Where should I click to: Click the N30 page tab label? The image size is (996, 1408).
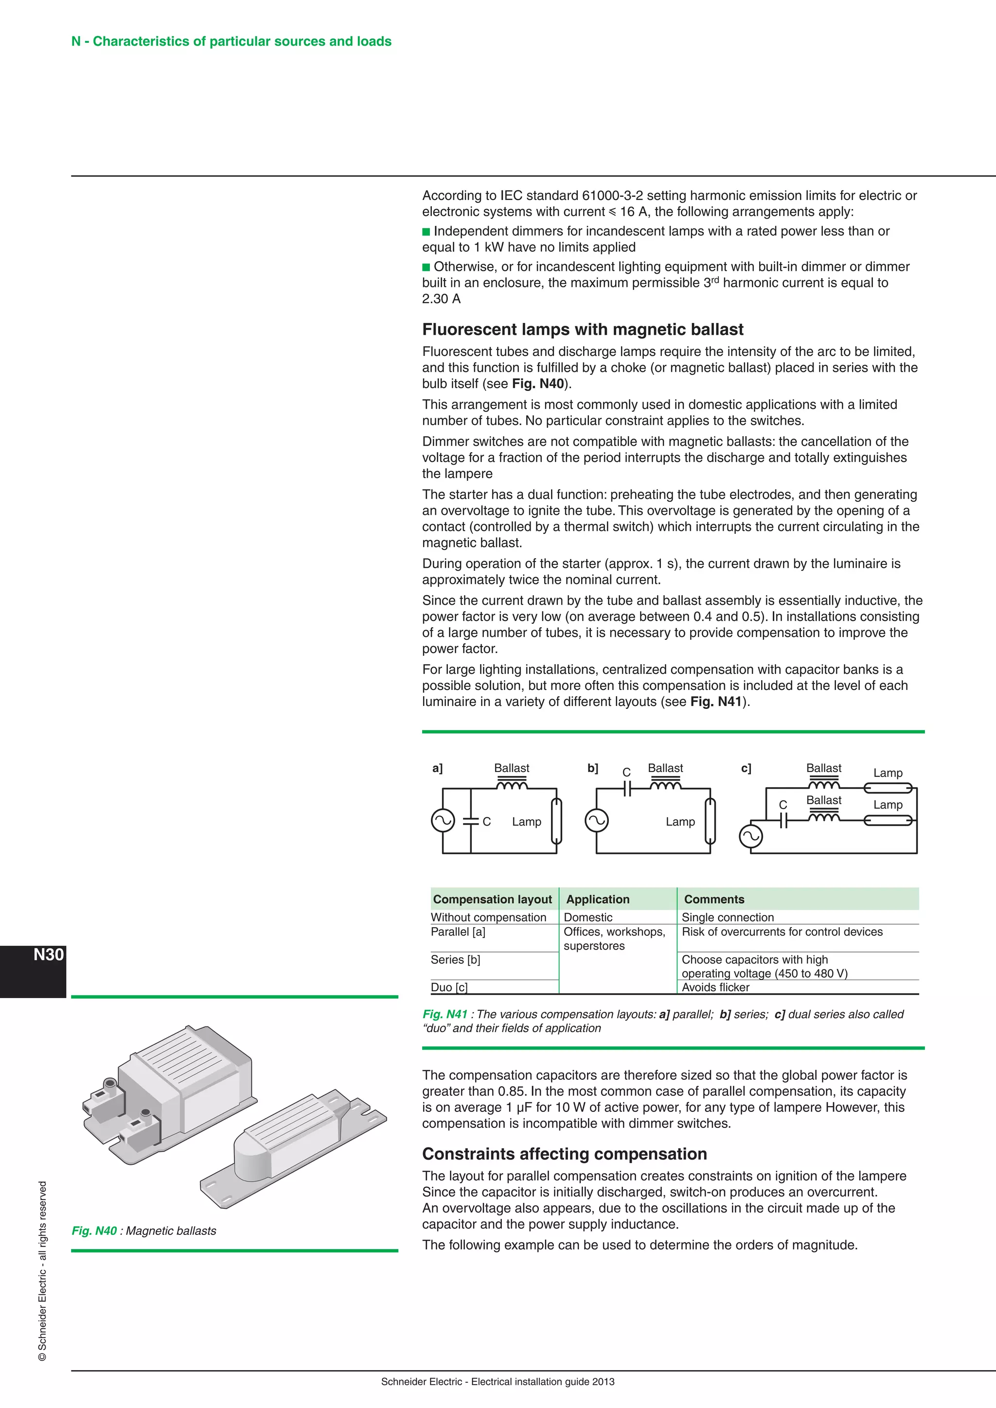[49, 955]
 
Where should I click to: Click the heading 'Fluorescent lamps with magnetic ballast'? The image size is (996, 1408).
[583, 330]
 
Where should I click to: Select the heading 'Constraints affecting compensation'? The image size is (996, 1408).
[564, 1154]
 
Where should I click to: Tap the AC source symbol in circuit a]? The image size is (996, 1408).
[443, 821]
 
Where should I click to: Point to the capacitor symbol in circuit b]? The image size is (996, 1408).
[627, 789]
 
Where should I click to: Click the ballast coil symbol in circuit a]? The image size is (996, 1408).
[512, 785]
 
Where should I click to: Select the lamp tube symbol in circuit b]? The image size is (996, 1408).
[710, 821]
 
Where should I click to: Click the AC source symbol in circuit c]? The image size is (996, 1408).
[751, 836]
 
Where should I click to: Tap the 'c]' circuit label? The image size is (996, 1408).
[746, 768]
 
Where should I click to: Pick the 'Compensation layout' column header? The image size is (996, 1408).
[493, 899]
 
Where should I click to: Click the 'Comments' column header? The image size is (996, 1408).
[714, 899]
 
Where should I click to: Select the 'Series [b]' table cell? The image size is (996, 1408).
[456, 960]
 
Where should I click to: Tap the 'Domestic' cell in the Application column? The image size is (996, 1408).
[587, 917]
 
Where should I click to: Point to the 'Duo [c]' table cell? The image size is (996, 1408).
[449, 987]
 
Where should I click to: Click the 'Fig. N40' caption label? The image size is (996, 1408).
[94, 1231]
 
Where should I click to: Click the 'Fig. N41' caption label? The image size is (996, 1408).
[445, 1014]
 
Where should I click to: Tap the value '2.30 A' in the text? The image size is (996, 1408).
[441, 299]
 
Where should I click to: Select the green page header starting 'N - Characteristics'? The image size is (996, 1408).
[231, 42]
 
